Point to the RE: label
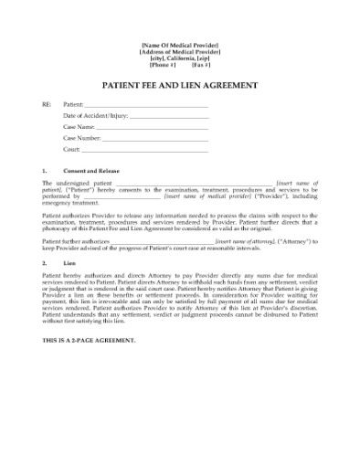(47, 105)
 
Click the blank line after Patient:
(145, 105)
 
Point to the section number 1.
(45, 171)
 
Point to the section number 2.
(45, 262)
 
